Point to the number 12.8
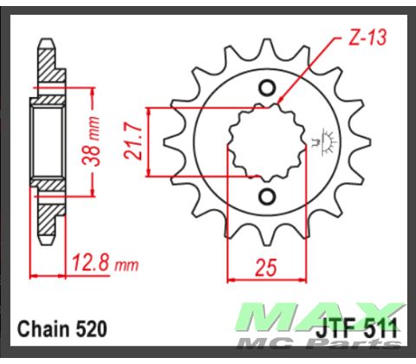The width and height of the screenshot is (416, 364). click(85, 260)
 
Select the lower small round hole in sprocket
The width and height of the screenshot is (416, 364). click(266, 196)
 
